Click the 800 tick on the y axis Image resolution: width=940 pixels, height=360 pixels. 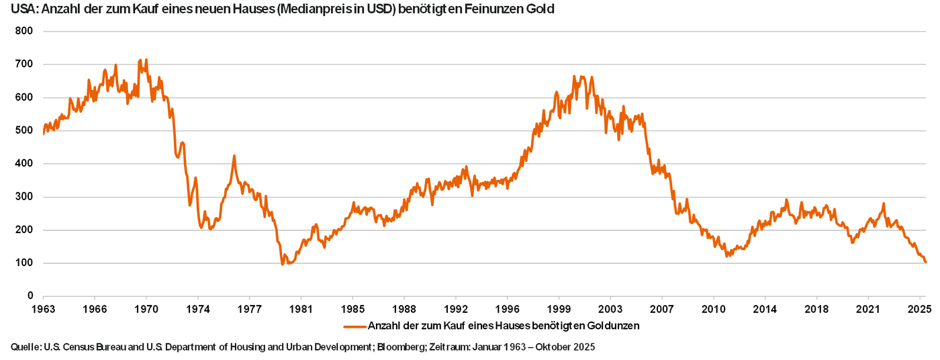tap(23, 32)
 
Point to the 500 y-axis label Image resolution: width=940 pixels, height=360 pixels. tap(23, 131)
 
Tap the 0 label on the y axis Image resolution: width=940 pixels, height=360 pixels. tap(30, 296)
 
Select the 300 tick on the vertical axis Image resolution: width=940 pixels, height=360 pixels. tap(23, 197)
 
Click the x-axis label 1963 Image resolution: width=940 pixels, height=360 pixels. tap(43, 310)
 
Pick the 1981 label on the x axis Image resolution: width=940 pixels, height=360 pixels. tap(301, 310)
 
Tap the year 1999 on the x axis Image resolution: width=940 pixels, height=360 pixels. tap(559, 310)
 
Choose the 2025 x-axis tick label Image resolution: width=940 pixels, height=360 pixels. tap(920, 310)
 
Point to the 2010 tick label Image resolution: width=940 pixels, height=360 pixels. tap(714, 310)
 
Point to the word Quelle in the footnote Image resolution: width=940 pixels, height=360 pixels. tap(25, 347)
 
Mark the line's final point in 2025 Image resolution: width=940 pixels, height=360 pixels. tap(926, 262)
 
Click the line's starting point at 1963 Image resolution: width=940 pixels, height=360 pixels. tap(43, 134)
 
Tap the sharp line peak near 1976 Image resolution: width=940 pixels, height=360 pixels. tap(234, 156)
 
